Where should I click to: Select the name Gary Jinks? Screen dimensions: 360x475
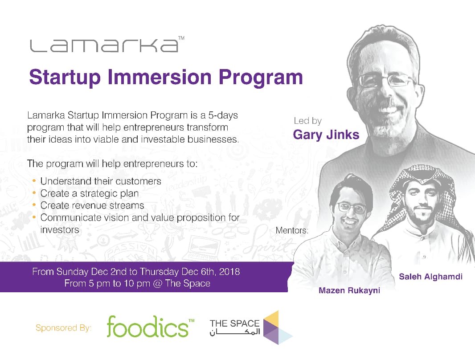point(326,135)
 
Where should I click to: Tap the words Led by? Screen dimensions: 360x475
point(307,120)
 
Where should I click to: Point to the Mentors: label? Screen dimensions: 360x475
point(292,231)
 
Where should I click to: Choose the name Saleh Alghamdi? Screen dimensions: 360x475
point(430,277)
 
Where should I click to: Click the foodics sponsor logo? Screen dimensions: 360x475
point(147,327)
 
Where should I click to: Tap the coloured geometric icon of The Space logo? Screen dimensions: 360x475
point(278,328)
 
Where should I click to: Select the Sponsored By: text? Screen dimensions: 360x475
point(63,328)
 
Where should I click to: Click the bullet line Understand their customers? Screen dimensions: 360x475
point(101,181)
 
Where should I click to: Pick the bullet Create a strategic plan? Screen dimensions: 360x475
point(90,193)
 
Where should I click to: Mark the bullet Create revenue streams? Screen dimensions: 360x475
point(92,205)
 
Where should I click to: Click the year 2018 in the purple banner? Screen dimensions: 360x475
point(229,272)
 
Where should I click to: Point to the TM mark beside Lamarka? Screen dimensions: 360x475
point(181,39)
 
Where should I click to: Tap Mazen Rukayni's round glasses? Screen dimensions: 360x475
point(352,207)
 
